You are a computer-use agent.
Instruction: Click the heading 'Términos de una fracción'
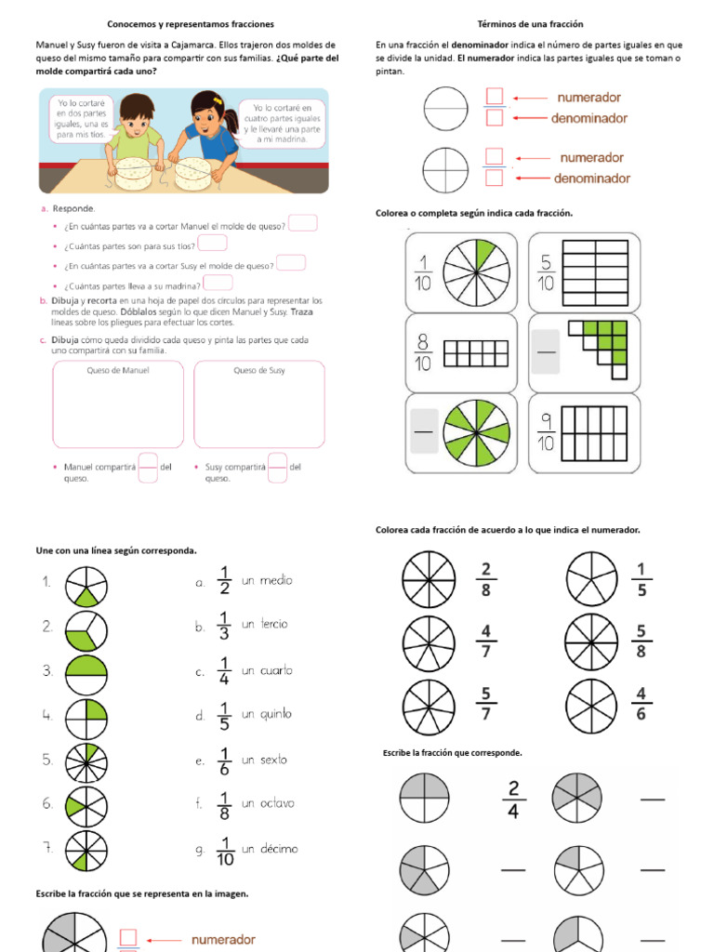click(530, 23)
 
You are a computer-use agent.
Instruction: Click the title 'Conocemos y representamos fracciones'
click(190, 23)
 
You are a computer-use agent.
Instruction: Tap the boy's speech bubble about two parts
click(82, 117)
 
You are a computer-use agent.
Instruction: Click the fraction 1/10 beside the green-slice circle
click(423, 272)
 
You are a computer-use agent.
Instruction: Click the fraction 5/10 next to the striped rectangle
click(545, 272)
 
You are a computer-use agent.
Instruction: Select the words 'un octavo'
click(268, 803)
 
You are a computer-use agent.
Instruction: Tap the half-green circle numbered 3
click(86, 670)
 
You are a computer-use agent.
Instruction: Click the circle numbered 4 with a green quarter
click(86, 715)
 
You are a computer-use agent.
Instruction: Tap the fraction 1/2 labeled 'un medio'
click(224, 581)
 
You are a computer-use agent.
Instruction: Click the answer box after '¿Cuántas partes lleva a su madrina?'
click(218, 283)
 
